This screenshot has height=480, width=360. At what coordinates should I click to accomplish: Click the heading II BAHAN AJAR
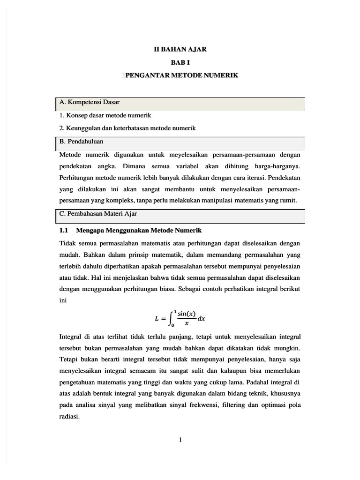pyautogui.click(x=180, y=48)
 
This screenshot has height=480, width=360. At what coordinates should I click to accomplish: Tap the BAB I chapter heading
pyautogui.click(x=180, y=62)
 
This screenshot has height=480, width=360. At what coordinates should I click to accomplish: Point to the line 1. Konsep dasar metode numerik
pyautogui.click(x=105, y=115)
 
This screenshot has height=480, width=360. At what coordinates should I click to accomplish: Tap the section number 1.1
pyautogui.click(x=64, y=231)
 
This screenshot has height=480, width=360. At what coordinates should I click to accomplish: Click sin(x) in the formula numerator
pyautogui.click(x=186, y=314)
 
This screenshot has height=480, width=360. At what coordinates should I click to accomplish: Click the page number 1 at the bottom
pyautogui.click(x=180, y=439)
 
